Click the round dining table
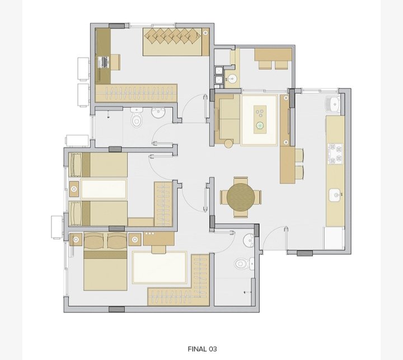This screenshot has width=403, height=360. point(241,197)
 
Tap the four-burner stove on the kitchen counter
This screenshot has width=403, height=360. point(335,154)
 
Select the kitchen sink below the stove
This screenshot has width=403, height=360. point(336,195)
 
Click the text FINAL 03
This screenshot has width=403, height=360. point(202,349)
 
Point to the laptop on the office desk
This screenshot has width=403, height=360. point(104,62)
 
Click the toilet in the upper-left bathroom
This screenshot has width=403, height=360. point(136,117)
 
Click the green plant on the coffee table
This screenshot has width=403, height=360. point(260,125)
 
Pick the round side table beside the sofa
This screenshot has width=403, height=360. point(228,143)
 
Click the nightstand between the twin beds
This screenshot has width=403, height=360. point(74,189)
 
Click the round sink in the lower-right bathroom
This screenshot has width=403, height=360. point(249,240)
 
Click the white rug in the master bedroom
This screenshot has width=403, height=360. point(160,268)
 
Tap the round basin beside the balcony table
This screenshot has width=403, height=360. point(233,78)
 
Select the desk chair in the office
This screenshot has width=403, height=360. point(115,62)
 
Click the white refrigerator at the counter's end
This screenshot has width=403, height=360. point(334,238)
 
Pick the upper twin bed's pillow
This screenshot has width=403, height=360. point(76,165)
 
